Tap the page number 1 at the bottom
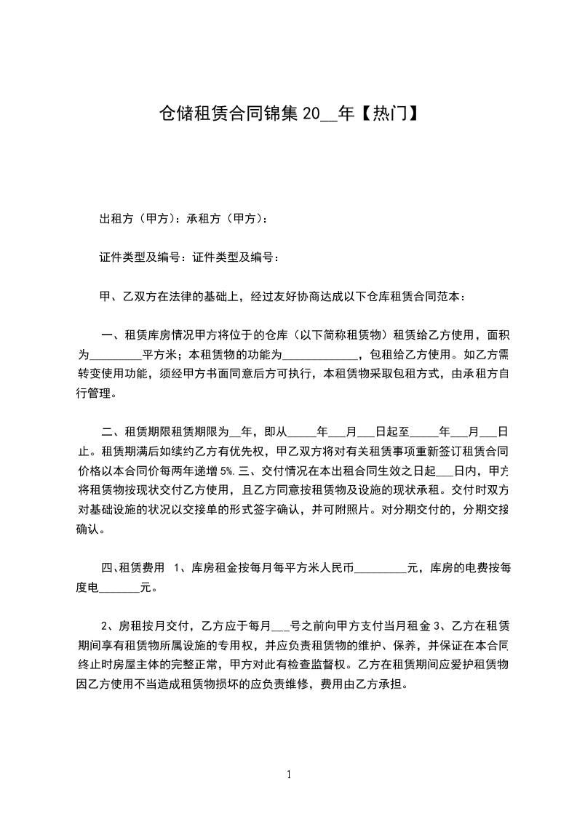tap(289, 775)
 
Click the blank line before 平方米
tap(115, 356)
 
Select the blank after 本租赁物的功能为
tap(319, 356)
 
